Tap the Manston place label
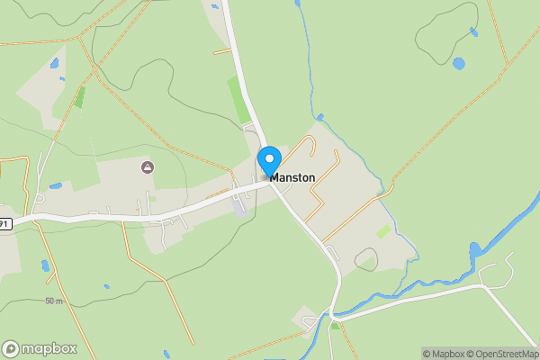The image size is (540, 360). point(292,178)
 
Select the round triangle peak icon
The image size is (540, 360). point(148,167)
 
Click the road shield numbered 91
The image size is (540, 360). point(4,223)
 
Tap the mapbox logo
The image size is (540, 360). point(39,349)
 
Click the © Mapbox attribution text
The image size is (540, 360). point(443,354)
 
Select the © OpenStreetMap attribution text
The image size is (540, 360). point(500,354)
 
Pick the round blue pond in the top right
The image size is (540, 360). point(459,64)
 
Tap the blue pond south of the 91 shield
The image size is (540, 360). point(44,266)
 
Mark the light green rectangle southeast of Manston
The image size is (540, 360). point(383,231)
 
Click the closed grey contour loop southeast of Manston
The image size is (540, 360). point(365,260)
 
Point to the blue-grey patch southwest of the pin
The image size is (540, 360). point(238,207)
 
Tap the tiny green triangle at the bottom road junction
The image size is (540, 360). point(335,325)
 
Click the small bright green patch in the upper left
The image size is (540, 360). point(79,97)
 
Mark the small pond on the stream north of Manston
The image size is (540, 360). point(319,117)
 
